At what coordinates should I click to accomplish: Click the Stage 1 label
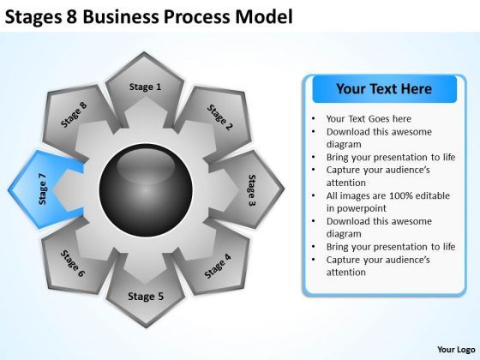pos(145,87)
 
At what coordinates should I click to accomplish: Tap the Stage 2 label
pos(219,120)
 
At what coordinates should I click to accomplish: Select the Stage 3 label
pos(252,190)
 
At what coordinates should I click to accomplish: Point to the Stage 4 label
pos(218,266)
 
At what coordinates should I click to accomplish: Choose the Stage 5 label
pos(145,297)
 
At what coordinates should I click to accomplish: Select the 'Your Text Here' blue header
pos(372,88)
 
